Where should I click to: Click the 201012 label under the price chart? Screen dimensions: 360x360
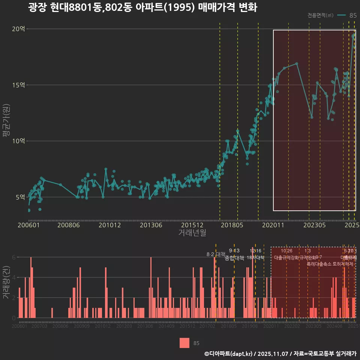pyautogui.click(x=109, y=225)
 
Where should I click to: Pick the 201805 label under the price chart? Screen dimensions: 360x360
pyautogui.click(x=232, y=225)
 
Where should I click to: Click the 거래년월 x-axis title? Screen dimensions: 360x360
pyautogui.click(x=192, y=233)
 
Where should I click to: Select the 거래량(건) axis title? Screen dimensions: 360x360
pyautogui.click(x=6, y=282)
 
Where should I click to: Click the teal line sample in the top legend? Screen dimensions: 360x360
pyautogui.click(x=341, y=15)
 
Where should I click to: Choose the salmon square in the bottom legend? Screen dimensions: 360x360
pyautogui.click(x=184, y=343)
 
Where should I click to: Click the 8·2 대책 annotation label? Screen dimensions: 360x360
pyautogui.click(x=216, y=254)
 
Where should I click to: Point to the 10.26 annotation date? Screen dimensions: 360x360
pyautogui.click(x=286, y=251)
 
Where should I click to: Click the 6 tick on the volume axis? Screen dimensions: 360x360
pyautogui.click(x=14, y=257)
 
